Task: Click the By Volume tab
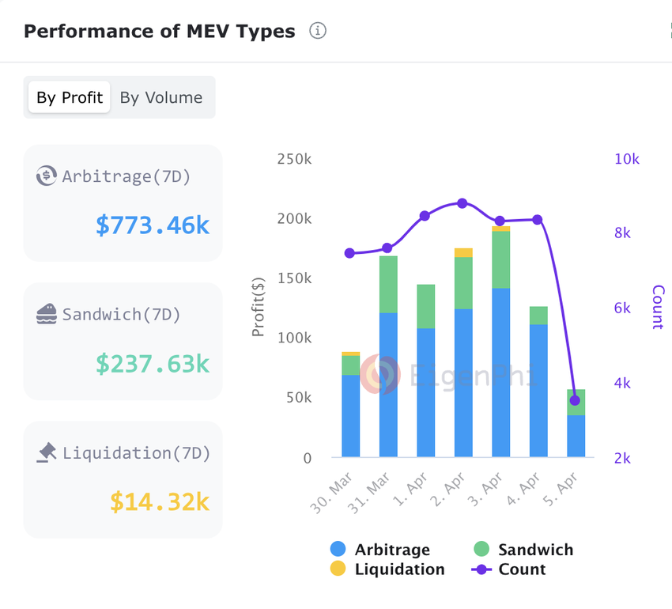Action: (x=161, y=97)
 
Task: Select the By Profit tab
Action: (x=70, y=97)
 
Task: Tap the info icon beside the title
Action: (x=318, y=32)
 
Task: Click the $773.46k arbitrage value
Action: (x=153, y=225)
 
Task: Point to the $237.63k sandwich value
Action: (x=153, y=364)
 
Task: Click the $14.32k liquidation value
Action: (x=160, y=501)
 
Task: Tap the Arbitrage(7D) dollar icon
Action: (x=47, y=176)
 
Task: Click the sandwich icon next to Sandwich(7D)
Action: (x=47, y=314)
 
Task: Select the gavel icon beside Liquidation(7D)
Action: (x=47, y=452)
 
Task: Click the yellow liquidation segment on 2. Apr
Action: (x=463, y=253)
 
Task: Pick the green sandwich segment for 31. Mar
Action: (x=388, y=285)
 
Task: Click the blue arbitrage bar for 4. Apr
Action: (x=538, y=391)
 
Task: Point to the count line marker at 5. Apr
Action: (x=575, y=400)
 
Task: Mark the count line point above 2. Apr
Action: (x=462, y=203)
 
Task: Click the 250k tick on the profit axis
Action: (x=294, y=159)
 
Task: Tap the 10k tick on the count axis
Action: (x=626, y=159)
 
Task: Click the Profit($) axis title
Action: (x=259, y=307)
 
